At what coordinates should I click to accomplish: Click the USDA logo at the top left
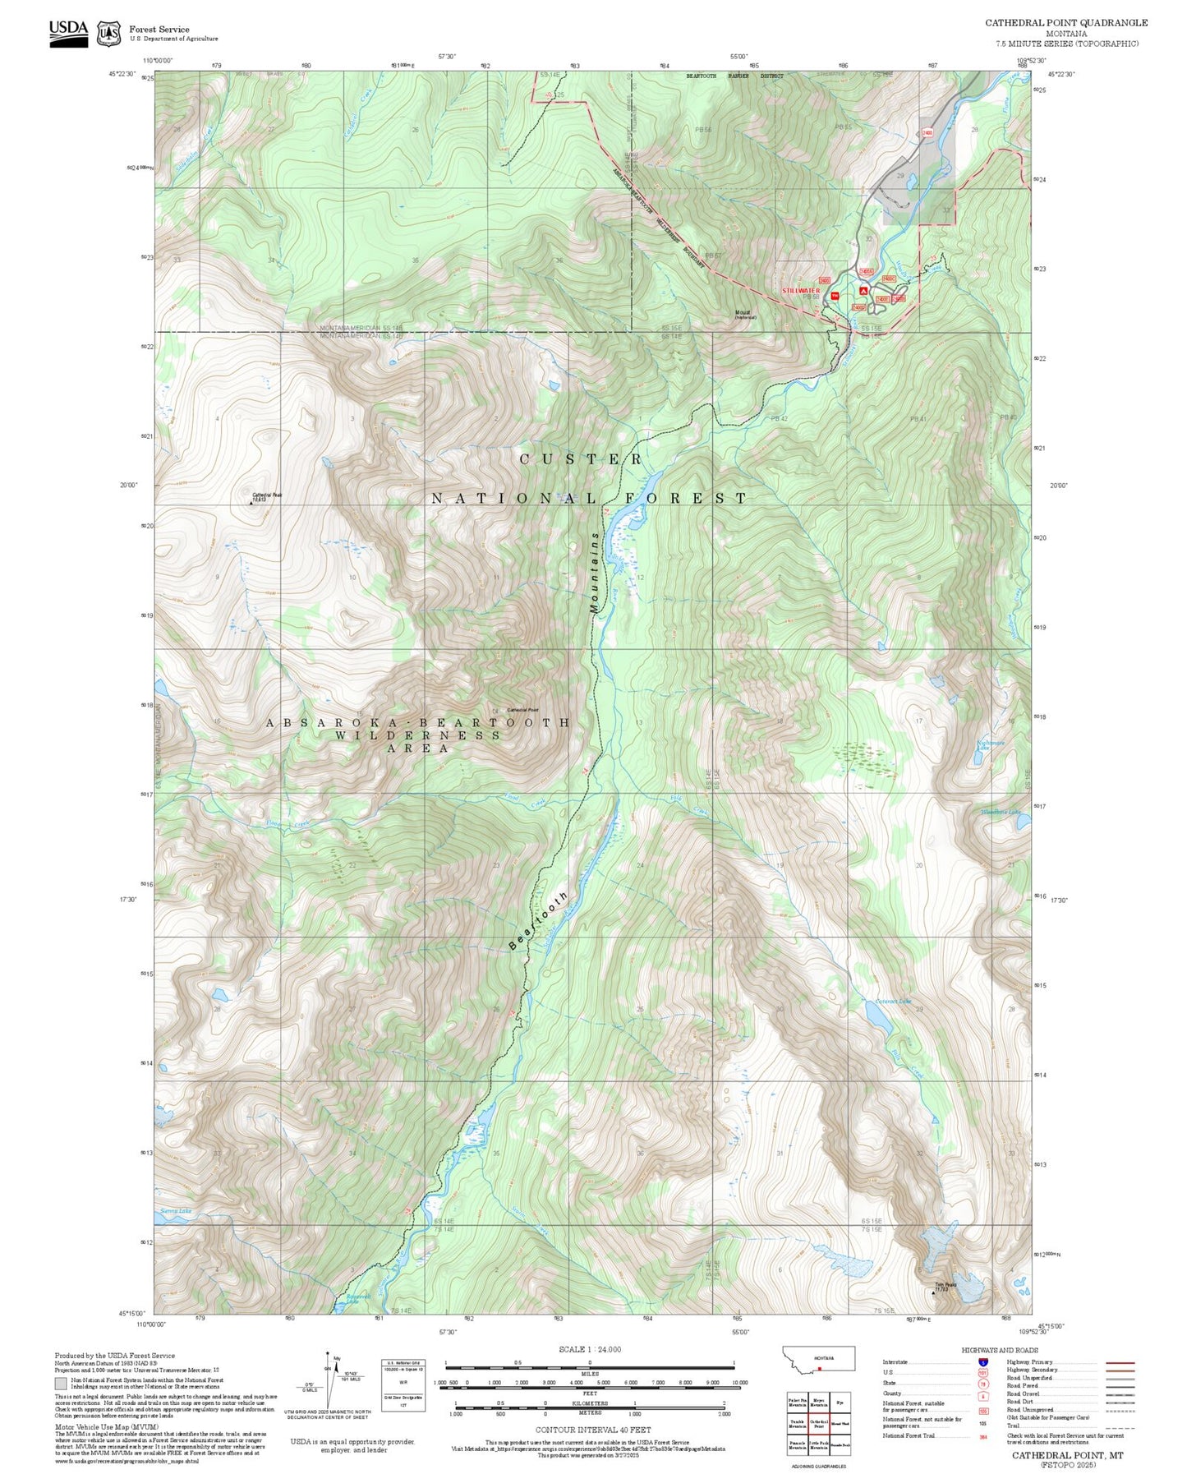(68, 32)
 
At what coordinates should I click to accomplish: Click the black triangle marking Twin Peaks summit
(933, 1292)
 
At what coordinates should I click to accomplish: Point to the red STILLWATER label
(801, 291)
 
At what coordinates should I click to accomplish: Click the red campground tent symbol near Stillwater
(863, 291)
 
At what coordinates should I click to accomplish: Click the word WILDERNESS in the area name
(418, 735)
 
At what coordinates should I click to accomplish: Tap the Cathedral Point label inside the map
(522, 710)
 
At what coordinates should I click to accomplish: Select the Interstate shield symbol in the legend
(982, 1362)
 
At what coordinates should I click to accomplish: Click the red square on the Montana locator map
(819, 1369)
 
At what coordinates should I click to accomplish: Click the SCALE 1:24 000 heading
(589, 1349)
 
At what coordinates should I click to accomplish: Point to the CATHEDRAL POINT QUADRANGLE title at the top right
(1066, 23)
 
